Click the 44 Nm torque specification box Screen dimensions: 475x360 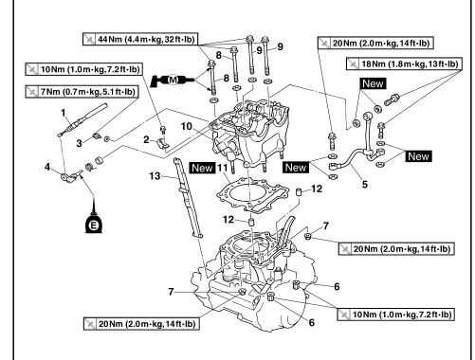pyautogui.click(x=140, y=39)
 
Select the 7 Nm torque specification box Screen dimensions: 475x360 pyautogui.click(x=82, y=92)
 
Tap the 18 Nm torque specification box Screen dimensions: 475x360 pyautogui.click(x=404, y=63)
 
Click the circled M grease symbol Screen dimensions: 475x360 pyautogui.click(x=173, y=80)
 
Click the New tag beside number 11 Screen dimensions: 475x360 pyautogui.click(x=202, y=168)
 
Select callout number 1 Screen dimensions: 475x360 pyautogui.click(x=64, y=113)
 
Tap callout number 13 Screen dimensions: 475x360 pyautogui.click(x=155, y=176)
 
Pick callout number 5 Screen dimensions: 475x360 pyautogui.click(x=365, y=184)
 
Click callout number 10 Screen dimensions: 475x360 pyautogui.click(x=187, y=127)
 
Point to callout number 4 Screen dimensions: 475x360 pyautogui.click(x=47, y=167)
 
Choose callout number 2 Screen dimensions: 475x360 pyautogui.click(x=146, y=139)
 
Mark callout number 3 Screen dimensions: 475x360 pyautogui.click(x=79, y=143)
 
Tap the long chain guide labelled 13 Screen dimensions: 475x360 pyautogui.click(x=188, y=197)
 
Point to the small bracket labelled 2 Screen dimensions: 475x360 pyautogui.click(x=163, y=143)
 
